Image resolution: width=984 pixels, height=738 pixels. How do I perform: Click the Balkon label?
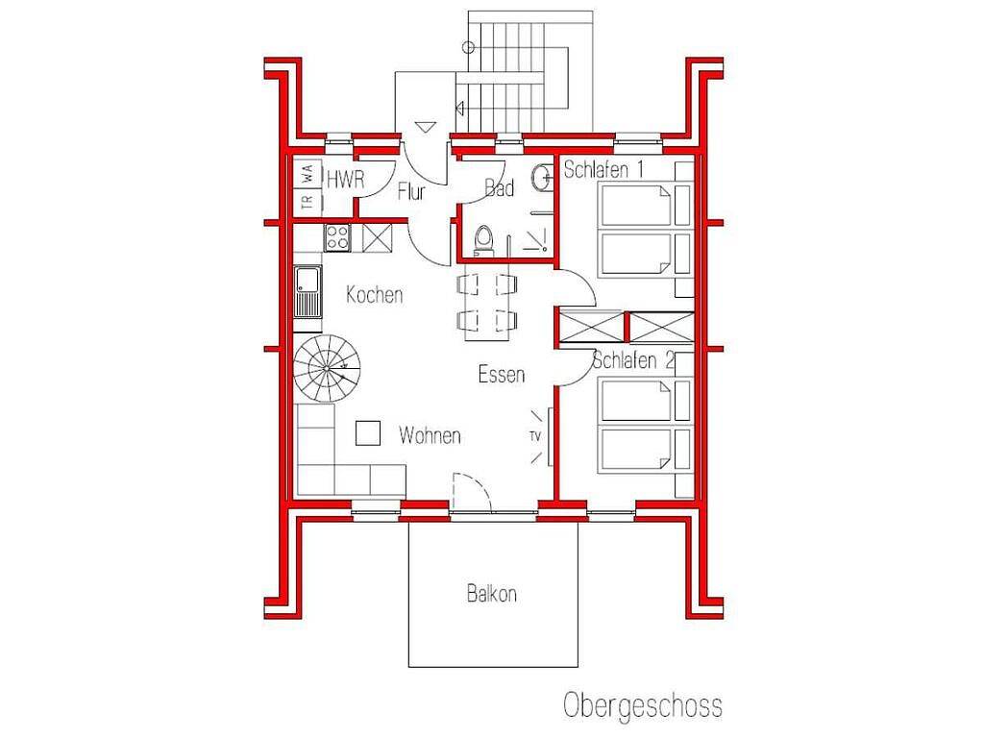(x=491, y=594)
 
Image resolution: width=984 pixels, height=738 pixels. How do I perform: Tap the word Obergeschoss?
(x=643, y=706)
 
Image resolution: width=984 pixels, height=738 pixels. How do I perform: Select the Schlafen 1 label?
(x=603, y=169)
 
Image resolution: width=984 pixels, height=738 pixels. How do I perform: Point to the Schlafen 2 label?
(x=633, y=360)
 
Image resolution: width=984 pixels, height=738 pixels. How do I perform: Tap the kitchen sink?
(x=308, y=292)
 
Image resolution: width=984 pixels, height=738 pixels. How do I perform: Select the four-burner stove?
(x=337, y=238)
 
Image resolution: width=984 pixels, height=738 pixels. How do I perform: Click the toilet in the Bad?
(x=484, y=241)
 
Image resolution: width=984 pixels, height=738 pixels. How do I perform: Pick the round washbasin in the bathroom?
(x=542, y=177)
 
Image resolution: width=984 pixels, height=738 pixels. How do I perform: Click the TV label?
(x=535, y=437)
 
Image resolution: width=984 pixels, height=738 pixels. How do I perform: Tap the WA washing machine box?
(x=307, y=175)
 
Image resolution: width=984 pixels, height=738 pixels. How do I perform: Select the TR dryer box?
(x=307, y=203)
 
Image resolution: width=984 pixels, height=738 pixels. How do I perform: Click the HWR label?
(x=345, y=180)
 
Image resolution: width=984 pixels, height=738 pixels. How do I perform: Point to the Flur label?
(x=411, y=191)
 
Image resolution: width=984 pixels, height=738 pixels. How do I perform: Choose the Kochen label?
(x=375, y=294)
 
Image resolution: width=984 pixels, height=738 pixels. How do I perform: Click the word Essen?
(x=502, y=374)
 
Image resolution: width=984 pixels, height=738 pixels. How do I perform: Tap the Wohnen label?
(x=430, y=435)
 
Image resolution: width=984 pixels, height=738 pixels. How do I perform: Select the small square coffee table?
(x=368, y=433)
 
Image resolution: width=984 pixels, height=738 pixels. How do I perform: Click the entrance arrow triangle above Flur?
(x=425, y=127)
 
